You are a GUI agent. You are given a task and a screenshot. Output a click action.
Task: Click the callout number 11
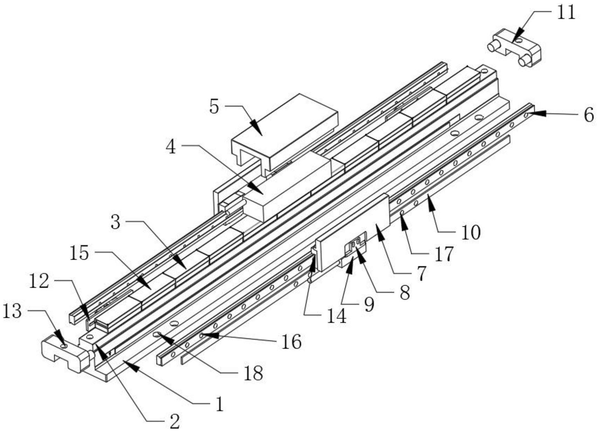[x=566, y=13]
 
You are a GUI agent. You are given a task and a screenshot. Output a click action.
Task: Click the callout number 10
[x=470, y=232]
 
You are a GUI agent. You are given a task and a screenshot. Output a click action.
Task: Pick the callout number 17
[x=444, y=254]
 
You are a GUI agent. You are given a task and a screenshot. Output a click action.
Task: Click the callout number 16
[x=291, y=342]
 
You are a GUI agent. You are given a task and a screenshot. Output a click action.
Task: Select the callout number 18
[x=253, y=374]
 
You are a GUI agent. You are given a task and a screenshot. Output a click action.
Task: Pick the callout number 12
[x=39, y=282]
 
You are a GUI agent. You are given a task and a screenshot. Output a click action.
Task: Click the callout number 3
[x=116, y=223]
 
